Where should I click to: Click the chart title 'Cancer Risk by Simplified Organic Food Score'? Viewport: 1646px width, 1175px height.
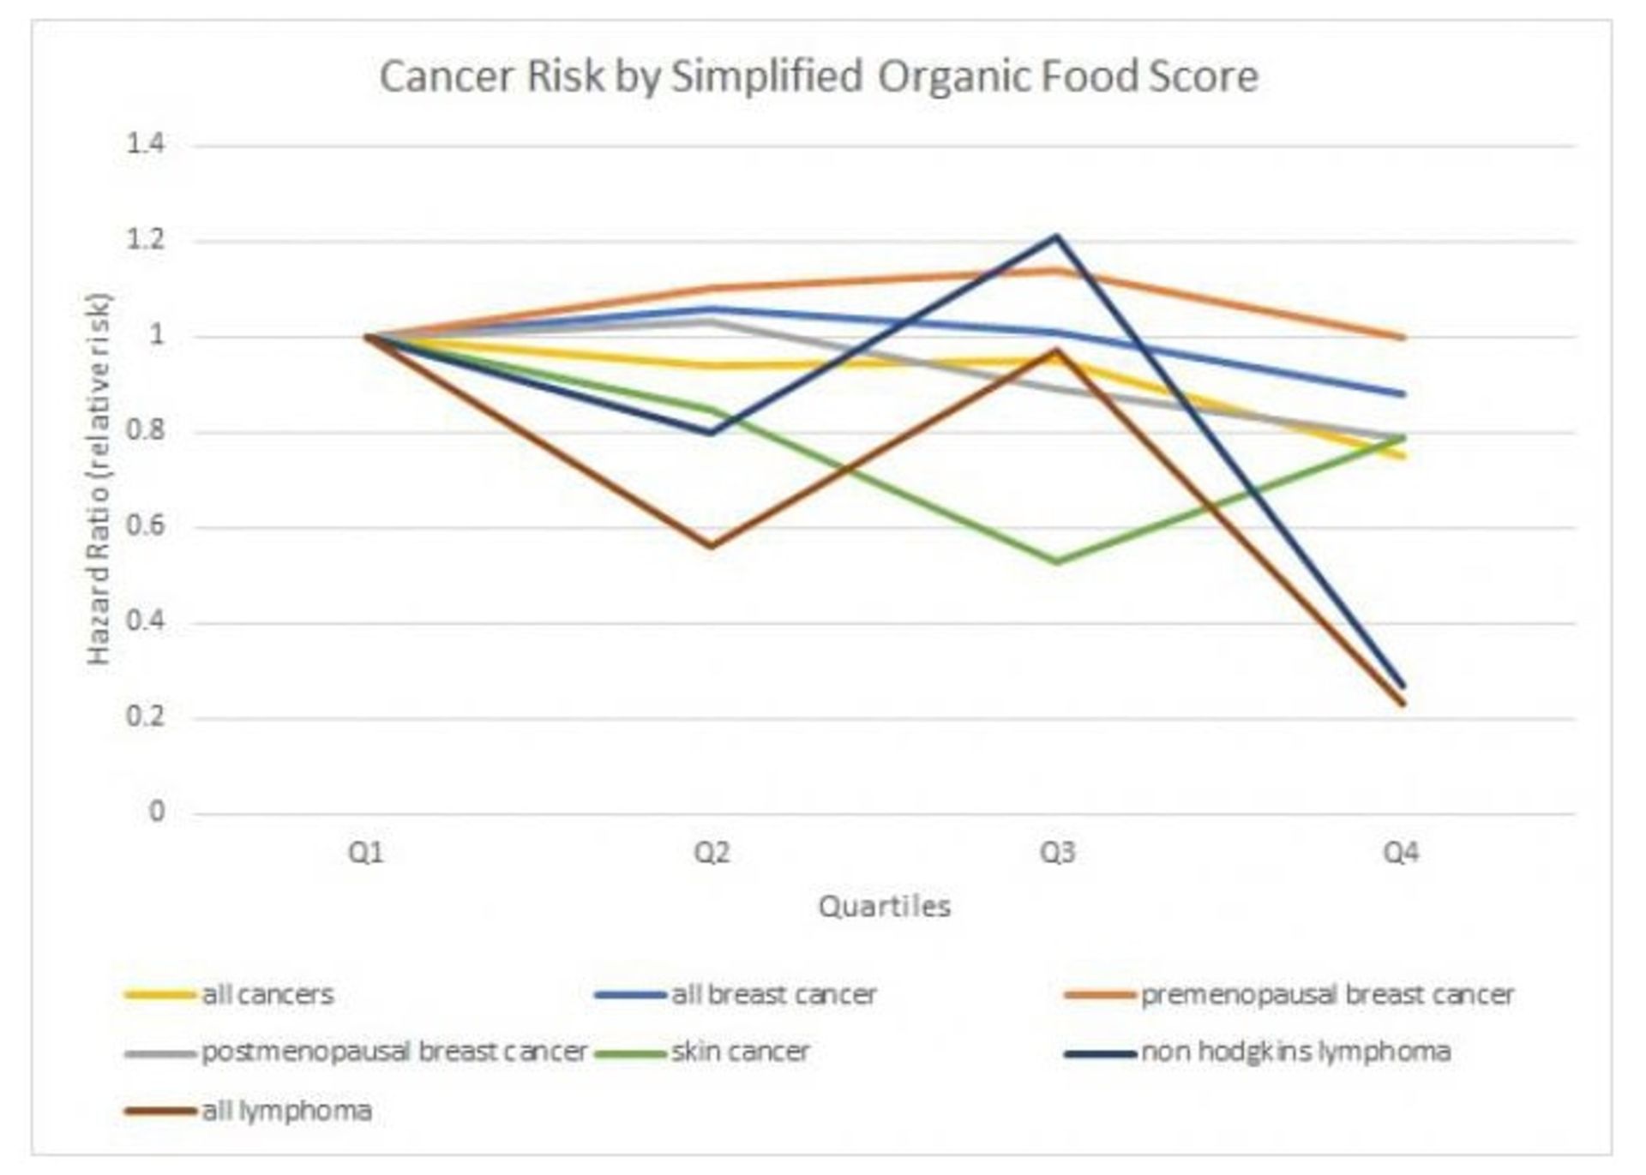click(x=819, y=76)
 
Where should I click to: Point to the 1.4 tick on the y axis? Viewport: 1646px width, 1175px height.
click(x=146, y=144)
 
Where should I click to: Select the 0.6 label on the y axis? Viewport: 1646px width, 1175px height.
click(x=146, y=526)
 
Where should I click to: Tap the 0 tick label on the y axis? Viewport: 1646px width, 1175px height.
click(x=157, y=811)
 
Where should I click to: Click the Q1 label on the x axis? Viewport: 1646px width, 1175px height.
click(x=366, y=854)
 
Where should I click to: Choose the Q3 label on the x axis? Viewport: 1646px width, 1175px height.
click(x=1057, y=854)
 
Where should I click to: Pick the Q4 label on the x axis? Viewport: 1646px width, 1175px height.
click(x=1402, y=854)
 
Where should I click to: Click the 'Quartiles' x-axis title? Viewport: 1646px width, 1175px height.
click(x=885, y=907)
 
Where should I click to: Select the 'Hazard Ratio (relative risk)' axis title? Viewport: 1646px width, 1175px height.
click(x=99, y=478)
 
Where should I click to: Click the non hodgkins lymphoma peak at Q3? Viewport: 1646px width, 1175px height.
click(x=1057, y=237)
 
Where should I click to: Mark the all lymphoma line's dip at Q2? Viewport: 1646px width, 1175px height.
click(x=712, y=546)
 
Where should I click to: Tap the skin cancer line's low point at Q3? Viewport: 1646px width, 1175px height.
click(x=1057, y=562)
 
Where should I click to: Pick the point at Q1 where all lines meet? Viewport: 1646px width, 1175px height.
click(x=367, y=337)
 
